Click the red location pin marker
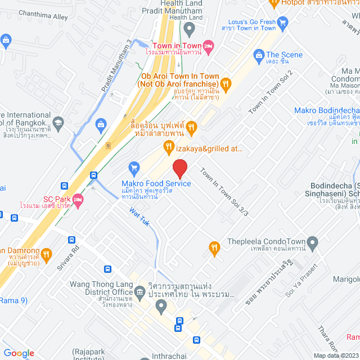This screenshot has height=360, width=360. [x=179, y=169]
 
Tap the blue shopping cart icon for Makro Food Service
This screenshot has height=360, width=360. [x=134, y=167]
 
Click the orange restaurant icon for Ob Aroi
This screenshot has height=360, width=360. [x=226, y=84]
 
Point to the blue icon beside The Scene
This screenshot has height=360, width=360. [x=259, y=55]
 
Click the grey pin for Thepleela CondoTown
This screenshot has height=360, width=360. [x=313, y=242]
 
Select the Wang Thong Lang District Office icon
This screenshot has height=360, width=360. [x=140, y=291]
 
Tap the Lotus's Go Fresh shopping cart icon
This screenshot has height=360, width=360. [x=283, y=24]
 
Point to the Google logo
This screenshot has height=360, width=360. [x=19, y=353]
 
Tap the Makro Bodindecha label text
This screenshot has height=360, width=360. [x=326, y=110]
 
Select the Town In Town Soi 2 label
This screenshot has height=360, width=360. [x=271, y=92]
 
